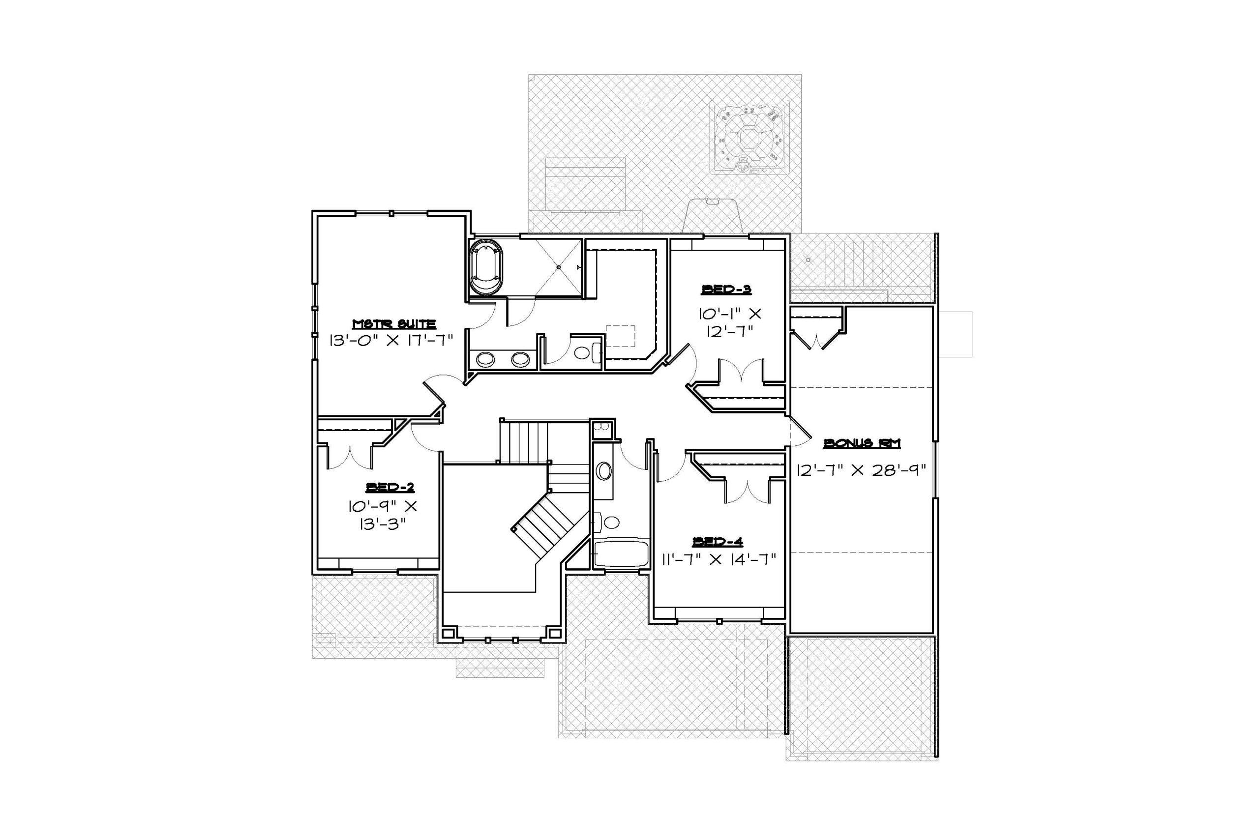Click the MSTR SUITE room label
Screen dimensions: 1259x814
coord(394,323)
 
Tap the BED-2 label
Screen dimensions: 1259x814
coord(390,487)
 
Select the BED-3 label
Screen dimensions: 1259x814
coord(726,289)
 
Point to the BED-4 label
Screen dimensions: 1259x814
coord(718,542)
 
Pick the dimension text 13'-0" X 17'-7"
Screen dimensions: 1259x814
coord(391,340)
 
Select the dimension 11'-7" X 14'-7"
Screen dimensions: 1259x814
coord(718,558)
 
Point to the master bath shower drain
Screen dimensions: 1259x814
coord(558,267)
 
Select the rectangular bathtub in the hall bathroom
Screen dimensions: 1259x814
coord(621,553)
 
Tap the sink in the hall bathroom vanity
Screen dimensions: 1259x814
coord(603,471)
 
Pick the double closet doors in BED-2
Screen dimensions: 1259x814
coord(349,458)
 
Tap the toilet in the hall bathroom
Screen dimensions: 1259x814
coord(609,523)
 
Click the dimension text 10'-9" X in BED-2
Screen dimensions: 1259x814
coord(382,506)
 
